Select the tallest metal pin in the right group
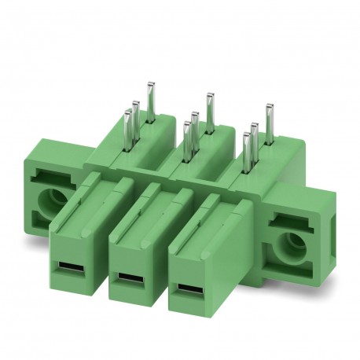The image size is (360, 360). (268, 122)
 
